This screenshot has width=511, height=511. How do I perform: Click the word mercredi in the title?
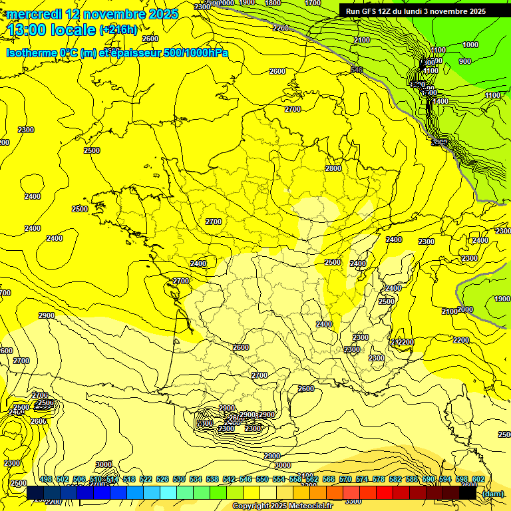pos(34,13)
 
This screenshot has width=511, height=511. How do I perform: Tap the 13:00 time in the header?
pos(33,30)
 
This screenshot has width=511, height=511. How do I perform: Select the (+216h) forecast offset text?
pos(118,29)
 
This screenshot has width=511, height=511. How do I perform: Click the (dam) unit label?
pos(492,494)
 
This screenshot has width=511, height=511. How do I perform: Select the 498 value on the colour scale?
pos(46,479)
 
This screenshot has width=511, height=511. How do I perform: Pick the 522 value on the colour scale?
pos(146,479)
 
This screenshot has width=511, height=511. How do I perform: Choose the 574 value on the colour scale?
pos(362,479)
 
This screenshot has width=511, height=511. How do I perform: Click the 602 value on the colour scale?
pos(478,479)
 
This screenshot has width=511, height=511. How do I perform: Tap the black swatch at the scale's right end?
pos(468,493)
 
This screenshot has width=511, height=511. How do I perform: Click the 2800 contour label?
pos(333,168)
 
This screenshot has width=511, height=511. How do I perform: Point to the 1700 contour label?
pos(313,3)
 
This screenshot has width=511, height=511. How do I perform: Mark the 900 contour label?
pos(465,61)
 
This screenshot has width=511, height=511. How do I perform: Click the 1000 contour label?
pos(470,45)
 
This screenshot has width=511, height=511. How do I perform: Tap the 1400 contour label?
pos(440,101)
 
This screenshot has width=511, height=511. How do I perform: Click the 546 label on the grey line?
pos(357,70)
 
